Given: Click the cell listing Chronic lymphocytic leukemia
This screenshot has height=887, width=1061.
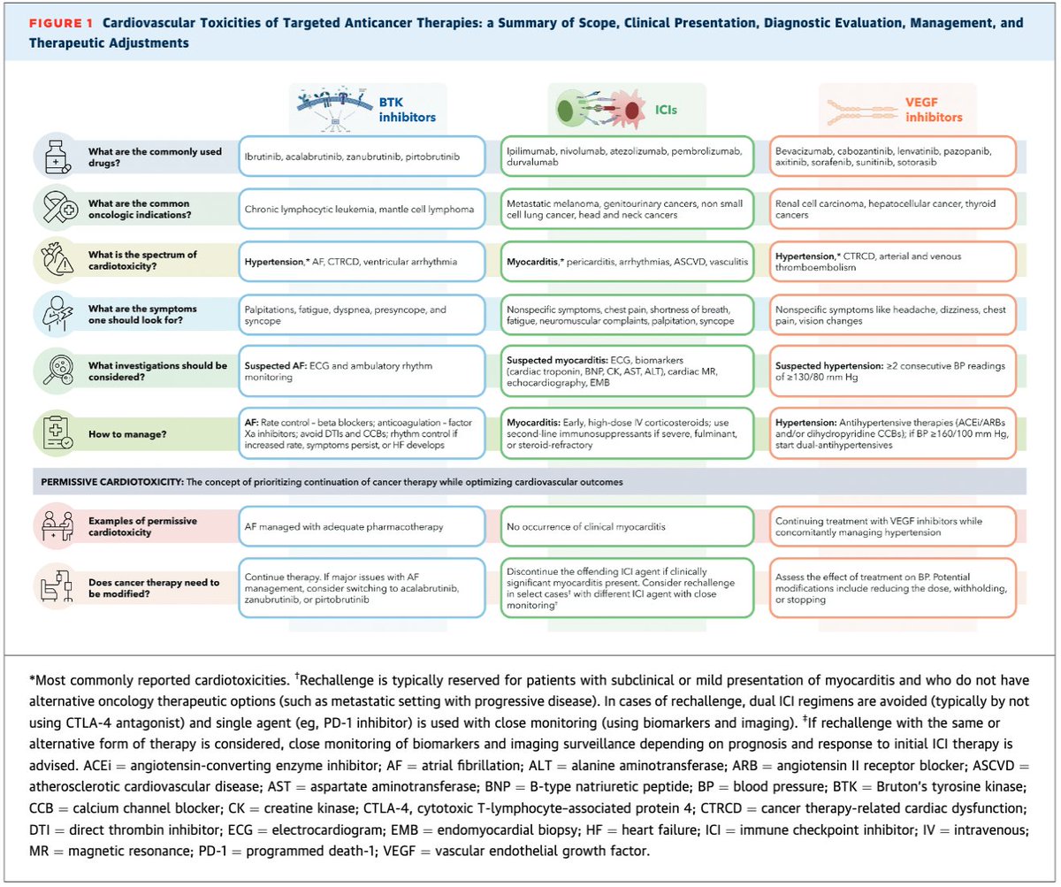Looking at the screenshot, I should [x=363, y=210].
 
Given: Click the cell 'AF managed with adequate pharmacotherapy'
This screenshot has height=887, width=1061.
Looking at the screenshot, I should [x=363, y=526].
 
